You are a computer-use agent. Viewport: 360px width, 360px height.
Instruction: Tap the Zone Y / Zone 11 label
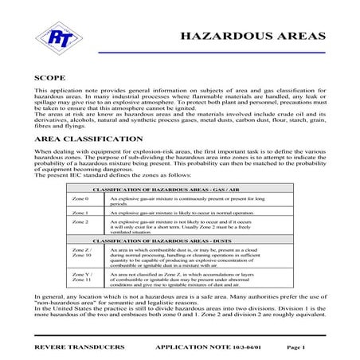click(x=82, y=278)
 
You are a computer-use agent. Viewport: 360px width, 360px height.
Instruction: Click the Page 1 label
click(x=295, y=348)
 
